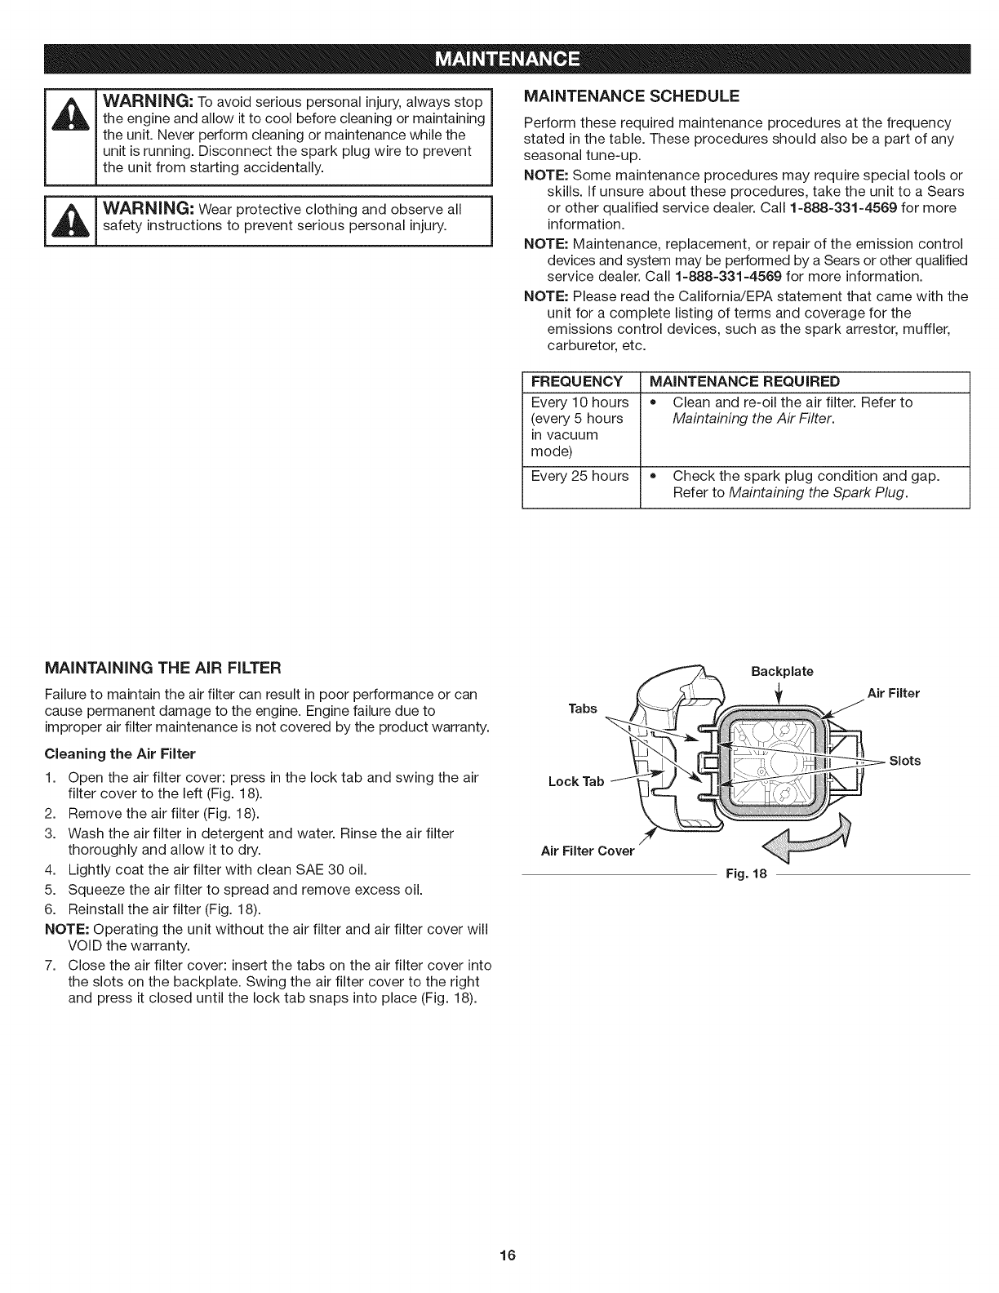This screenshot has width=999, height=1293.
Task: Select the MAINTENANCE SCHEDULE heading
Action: pyautogui.click(x=630, y=96)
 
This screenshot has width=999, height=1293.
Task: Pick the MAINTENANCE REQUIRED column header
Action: pyautogui.click(x=745, y=381)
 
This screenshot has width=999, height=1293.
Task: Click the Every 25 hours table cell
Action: pyautogui.click(x=579, y=476)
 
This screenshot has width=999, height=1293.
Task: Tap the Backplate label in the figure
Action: pyautogui.click(x=782, y=671)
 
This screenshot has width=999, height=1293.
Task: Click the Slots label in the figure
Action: pyautogui.click(x=904, y=761)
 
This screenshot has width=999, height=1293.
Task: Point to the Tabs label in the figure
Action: pyautogui.click(x=583, y=708)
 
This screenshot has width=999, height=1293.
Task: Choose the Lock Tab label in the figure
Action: pyautogui.click(x=576, y=781)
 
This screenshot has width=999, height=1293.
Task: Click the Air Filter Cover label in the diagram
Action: pyautogui.click(x=588, y=851)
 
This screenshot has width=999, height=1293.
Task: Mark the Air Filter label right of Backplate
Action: pyautogui.click(x=893, y=693)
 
